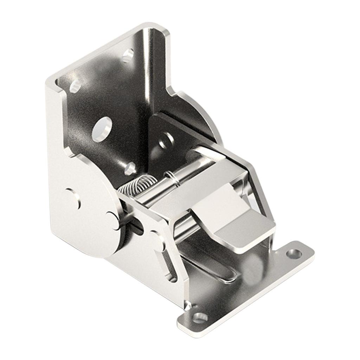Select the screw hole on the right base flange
pos(294,253)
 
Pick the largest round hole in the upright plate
pos(102,129)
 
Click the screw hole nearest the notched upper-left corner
pos(75,86)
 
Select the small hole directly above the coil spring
pos(130,168)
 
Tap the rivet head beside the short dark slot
pos(114,220)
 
